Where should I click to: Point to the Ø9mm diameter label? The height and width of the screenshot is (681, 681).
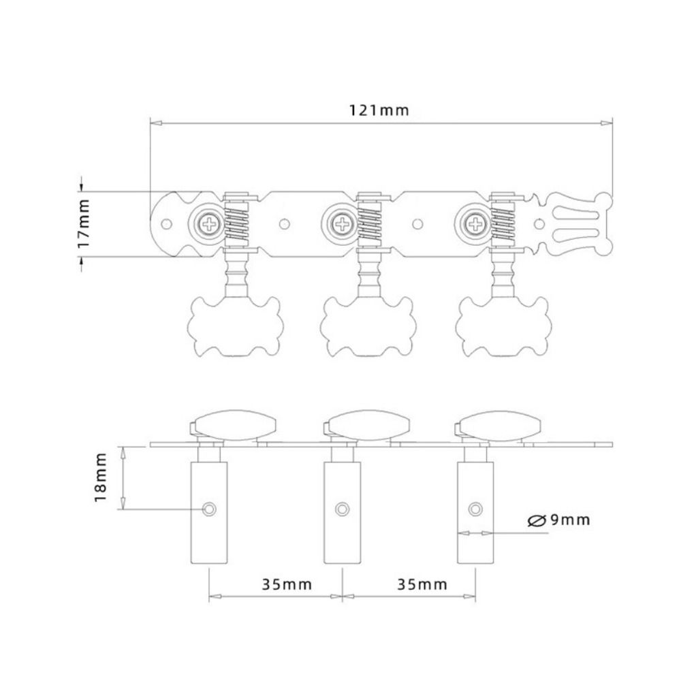tap(558, 520)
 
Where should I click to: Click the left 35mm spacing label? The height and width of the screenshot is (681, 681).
tap(286, 584)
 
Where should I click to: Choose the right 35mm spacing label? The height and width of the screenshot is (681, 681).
tap(422, 584)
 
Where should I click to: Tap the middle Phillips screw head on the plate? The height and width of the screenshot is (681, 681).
tap(340, 222)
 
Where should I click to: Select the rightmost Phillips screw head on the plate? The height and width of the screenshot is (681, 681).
tap(474, 222)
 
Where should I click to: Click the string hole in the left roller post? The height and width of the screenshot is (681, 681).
tap(208, 509)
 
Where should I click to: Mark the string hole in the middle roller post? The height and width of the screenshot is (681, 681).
tap(342, 509)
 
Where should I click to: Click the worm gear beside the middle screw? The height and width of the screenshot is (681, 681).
tap(370, 222)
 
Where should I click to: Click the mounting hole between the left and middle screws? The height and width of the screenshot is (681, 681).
tap(285, 222)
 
